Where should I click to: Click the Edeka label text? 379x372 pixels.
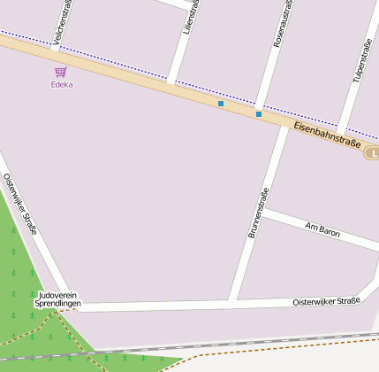coord(62,85)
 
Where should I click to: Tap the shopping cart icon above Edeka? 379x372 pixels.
coord(61,72)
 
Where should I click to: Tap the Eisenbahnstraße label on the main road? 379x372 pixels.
coord(326,137)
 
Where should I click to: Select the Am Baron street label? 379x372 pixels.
coord(322,230)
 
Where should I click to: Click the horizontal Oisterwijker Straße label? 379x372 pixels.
coord(326,302)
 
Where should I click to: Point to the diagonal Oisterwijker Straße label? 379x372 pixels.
coord(19,203)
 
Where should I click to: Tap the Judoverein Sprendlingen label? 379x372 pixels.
coord(58,298)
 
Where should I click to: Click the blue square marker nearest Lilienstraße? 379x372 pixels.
coord(220,104)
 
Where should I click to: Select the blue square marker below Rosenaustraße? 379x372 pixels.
coord(258,113)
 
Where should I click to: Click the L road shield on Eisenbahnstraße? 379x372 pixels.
coord(373,153)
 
